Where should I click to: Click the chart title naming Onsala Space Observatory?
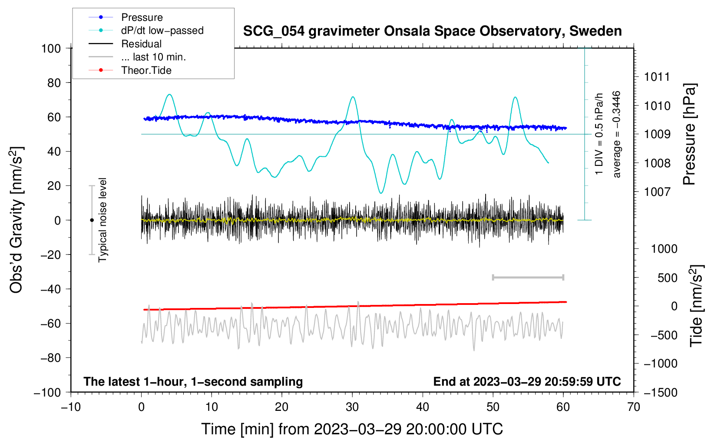click(x=432, y=31)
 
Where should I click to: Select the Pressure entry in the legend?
click(x=142, y=17)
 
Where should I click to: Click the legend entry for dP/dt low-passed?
click(x=162, y=30)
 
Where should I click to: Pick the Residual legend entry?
click(x=141, y=44)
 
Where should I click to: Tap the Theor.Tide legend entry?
click(x=146, y=70)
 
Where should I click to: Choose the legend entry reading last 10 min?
click(x=153, y=57)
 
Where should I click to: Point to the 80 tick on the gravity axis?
click(x=54, y=83)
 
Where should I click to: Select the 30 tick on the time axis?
click(x=352, y=407)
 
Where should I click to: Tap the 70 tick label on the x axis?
click(x=634, y=407)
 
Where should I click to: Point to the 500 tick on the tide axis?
click(x=667, y=278)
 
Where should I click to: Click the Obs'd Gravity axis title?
click(x=17, y=220)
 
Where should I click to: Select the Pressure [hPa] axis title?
click(x=689, y=134)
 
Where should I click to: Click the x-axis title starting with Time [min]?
click(x=352, y=429)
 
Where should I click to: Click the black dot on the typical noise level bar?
click(x=92, y=220)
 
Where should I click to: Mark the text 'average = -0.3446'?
click(x=616, y=134)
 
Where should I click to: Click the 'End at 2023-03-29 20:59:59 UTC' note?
click(x=527, y=381)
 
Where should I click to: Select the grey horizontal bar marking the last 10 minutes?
click(x=528, y=277)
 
